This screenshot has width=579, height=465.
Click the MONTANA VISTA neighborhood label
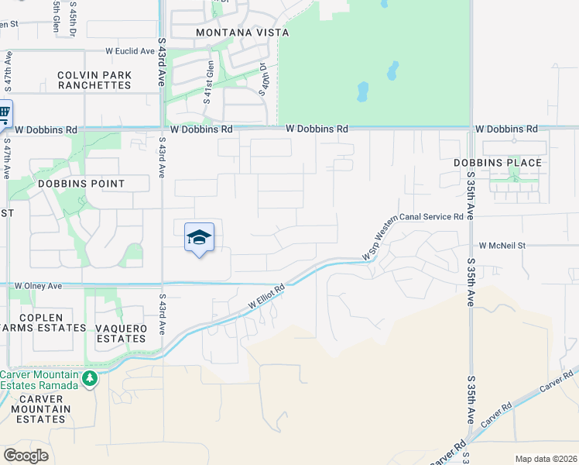coord(242,33)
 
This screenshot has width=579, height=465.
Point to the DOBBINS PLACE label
coord(498,163)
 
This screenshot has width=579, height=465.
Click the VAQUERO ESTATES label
coord(121,333)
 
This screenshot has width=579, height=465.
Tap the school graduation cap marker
coord(199,238)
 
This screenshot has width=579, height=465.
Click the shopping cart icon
coord(4,114)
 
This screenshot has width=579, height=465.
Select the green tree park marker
coord(91,378)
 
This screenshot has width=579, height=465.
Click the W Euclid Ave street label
coord(130,51)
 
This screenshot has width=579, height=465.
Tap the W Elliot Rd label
coord(267,297)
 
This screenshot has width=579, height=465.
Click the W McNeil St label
coord(502,245)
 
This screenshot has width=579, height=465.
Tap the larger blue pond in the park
coord(362,93)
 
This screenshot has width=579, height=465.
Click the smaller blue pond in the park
coord(392,71)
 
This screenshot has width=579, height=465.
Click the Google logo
coord(26,455)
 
